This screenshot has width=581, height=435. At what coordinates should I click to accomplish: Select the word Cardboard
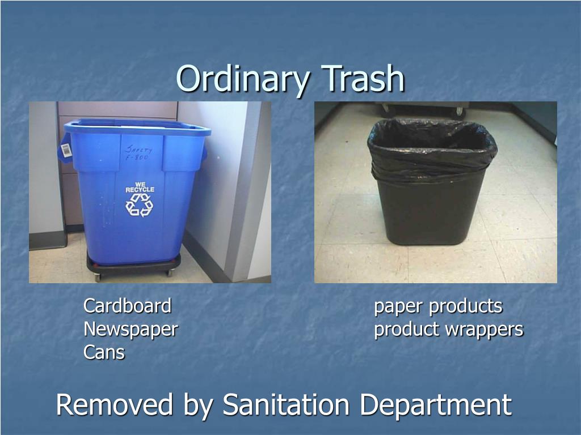127,306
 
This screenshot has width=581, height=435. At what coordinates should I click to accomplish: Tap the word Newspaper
130,329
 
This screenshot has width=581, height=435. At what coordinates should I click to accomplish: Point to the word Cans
104,352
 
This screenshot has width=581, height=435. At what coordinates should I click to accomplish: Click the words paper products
438,306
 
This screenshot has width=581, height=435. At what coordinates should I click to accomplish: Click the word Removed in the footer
115,405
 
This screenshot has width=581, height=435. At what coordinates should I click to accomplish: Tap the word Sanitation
287,405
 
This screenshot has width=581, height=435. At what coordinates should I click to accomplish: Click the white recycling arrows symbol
139,204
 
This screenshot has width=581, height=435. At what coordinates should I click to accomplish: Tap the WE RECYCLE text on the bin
140,187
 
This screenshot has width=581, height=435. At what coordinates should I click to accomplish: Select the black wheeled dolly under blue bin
133,266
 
